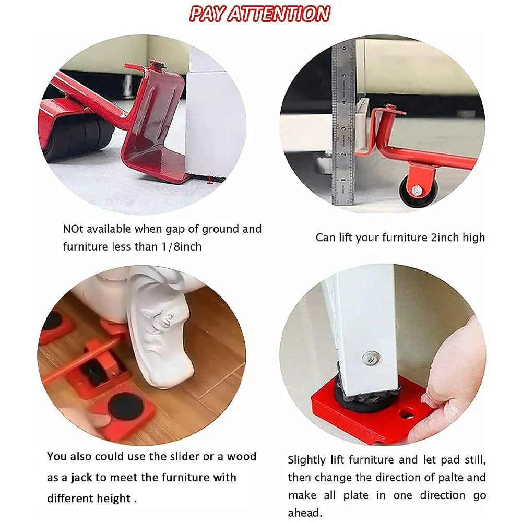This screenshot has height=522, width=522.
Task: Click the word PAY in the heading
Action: point(209,14)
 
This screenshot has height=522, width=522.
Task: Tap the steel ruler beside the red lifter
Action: point(343,125)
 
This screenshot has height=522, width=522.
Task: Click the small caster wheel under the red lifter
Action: point(416,191)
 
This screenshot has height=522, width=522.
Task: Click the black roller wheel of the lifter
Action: point(78,137)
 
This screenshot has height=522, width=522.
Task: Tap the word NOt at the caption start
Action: point(73,229)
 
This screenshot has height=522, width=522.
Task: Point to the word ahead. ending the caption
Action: point(306,512)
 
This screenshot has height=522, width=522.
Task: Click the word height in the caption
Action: point(112,498)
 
